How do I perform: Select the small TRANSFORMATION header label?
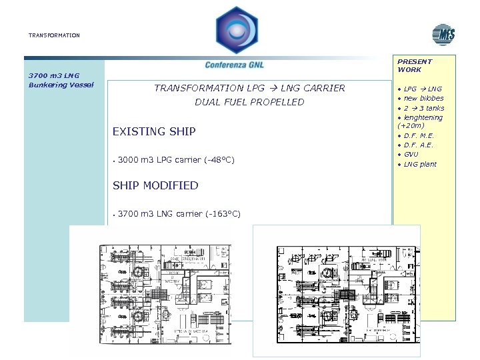pos(54,35)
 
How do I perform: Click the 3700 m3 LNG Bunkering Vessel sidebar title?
pos(61,80)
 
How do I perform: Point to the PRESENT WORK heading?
pos(414,65)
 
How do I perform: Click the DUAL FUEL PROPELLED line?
pos(249,102)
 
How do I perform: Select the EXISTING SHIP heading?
pos(154,131)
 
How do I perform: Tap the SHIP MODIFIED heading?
pos(155,185)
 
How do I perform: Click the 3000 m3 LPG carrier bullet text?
pos(175,160)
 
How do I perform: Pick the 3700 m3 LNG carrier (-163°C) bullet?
pos(179,214)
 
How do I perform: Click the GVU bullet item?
pos(411,155)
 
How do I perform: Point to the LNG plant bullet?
pos(420,164)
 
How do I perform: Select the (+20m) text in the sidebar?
pos(411,125)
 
